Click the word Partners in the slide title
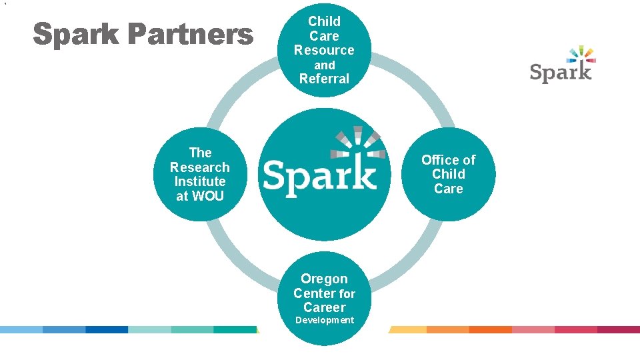pyautogui.click(x=191, y=35)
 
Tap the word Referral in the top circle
pyautogui.click(x=324, y=79)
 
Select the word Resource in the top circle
pyautogui.click(x=324, y=50)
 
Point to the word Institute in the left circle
pyautogui.click(x=200, y=181)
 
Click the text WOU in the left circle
pyautogui.click(x=208, y=196)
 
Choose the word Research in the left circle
pyautogui.click(x=200, y=167)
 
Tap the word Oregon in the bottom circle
pyautogui.click(x=324, y=279)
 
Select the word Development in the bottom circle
pyautogui.click(x=325, y=321)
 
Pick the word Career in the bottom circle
pyautogui.click(x=325, y=307)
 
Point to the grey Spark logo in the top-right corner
pyautogui.click(x=560, y=71)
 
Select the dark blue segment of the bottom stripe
pyautogui.click(x=107, y=329)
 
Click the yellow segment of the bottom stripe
pyautogui.click(x=408, y=329)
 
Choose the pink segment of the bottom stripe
pyautogui.click(x=533, y=329)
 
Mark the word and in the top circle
pyautogui.click(x=325, y=65)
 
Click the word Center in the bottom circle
pyautogui.click(x=315, y=293)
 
